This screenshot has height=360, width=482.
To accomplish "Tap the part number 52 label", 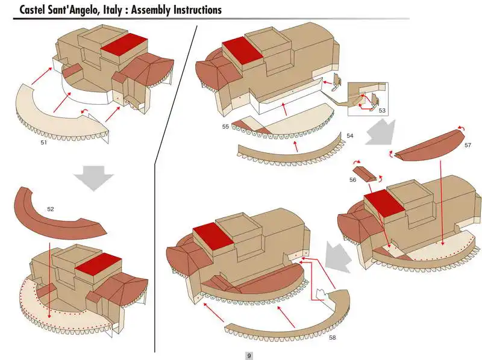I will [51, 209].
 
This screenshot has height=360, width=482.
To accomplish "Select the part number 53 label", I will [382, 111].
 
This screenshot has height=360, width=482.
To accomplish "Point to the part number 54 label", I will [349, 136].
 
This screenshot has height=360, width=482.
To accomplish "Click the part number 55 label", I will [225, 127].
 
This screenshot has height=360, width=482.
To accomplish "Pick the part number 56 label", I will [353, 180].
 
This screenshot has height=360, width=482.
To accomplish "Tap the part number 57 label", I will [468, 146].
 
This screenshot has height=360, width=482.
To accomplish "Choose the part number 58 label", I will [332, 338].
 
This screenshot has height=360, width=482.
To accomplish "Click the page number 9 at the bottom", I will [249, 356].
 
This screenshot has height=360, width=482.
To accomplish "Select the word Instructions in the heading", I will [192, 10].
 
